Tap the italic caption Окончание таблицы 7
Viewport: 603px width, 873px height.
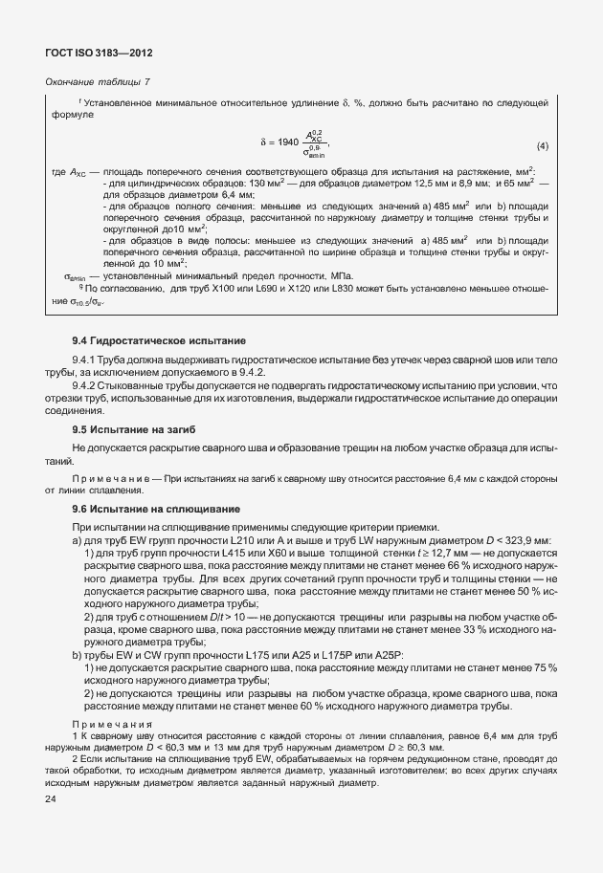point(99,84)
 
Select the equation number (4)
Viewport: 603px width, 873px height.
point(542,145)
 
